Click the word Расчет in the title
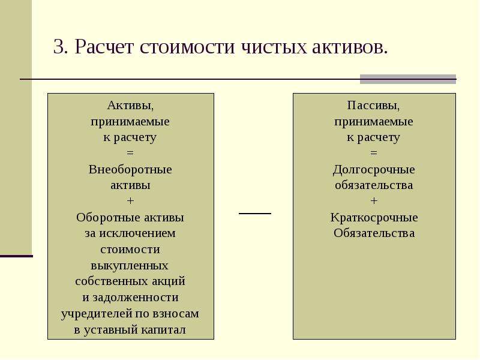tap(104, 47)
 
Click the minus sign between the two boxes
tap(255, 214)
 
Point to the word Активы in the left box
tap(130, 106)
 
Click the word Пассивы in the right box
tap(373, 106)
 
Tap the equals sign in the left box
tap(130, 153)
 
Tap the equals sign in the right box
tap(374, 153)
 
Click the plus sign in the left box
tap(130, 201)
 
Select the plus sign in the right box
tap(374, 201)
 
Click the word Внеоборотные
tap(130, 170)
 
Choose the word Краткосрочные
tap(374, 218)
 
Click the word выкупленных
tap(130, 266)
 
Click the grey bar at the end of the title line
tap(408, 79)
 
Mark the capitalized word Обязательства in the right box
tap(374, 233)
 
